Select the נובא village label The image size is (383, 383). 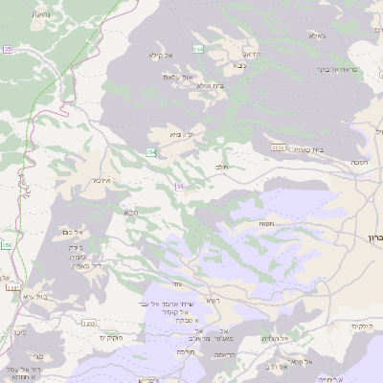[243, 67]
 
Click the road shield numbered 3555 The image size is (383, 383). [278, 146]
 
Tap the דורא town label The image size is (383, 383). [213, 301]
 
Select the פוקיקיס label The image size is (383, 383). [113, 338]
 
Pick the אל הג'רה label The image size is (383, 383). [276, 338]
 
